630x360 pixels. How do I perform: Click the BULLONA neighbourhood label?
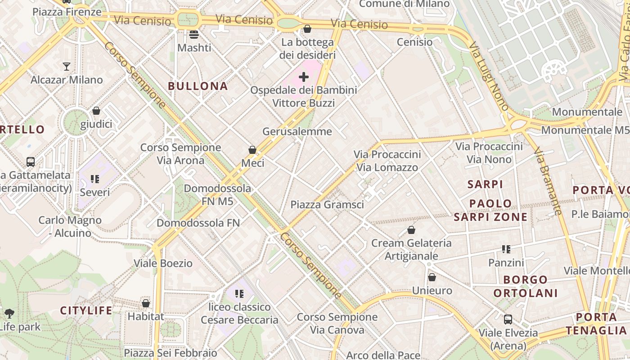pos(198,86)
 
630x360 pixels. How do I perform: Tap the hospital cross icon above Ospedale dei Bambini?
pos(304,77)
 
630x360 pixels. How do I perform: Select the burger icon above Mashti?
pos(194,34)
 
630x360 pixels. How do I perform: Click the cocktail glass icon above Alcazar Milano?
pos(67,67)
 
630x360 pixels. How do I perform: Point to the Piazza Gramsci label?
pos(327,205)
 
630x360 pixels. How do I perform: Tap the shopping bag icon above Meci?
pos(252,150)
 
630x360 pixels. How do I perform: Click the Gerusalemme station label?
pos(297,131)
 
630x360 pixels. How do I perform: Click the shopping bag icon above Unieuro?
pos(432,277)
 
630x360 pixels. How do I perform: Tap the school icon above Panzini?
pos(506,249)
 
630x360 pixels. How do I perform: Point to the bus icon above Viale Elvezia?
pos(508,319)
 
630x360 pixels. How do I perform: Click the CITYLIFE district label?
pos(86,310)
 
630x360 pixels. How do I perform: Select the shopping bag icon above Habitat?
pos(145,303)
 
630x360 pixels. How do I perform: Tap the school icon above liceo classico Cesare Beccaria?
pos(239,294)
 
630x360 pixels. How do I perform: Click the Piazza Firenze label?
pos(67,12)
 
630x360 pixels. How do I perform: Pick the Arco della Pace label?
pos(383,355)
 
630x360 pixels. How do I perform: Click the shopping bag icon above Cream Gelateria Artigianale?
pos(411,230)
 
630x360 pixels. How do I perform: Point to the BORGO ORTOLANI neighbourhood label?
pos(525,286)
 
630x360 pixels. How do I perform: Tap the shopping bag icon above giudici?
pos(96,111)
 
